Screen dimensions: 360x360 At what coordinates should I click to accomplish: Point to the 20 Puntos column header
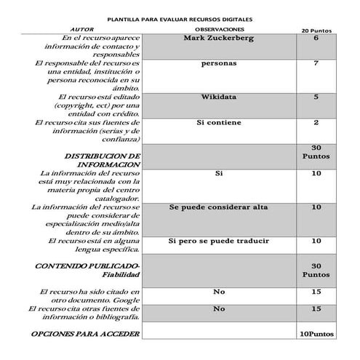click(316, 31)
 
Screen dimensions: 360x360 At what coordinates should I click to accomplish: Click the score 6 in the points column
click(316, 38)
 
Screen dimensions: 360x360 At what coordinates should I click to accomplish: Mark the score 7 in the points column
click(316, 64)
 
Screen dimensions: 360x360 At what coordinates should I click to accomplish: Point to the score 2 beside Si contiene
click(316, 123)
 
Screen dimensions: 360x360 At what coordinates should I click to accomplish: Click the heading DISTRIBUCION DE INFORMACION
click(102, 160)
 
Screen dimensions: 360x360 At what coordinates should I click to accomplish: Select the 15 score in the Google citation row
click(316, 292)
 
